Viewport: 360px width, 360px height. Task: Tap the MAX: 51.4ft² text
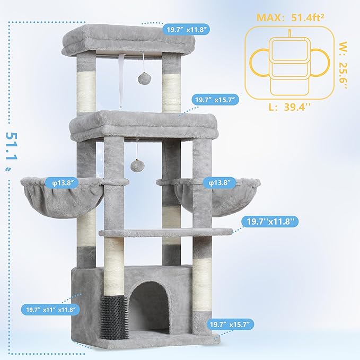coord(291,17)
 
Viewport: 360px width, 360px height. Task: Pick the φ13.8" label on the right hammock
coord(219,182)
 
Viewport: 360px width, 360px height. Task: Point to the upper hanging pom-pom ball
coord(143,78)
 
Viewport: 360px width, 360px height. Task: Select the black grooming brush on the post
coord(116,318)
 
